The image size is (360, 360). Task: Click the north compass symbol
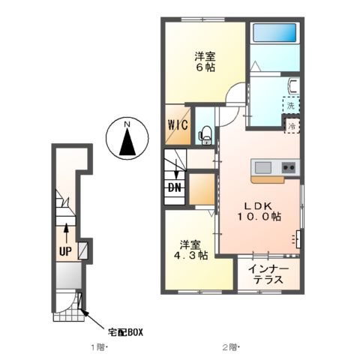[x=127, y=140]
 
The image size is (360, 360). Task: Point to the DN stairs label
[x=174, y=187]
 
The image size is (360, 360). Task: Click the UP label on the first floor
[x=65, y=251]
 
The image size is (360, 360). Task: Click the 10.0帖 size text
[x=261, y=217]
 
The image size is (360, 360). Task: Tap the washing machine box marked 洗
[x=290, y=106]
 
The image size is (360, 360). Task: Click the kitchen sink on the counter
[x=264, y=166]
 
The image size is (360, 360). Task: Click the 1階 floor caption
[x=99, y=348]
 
